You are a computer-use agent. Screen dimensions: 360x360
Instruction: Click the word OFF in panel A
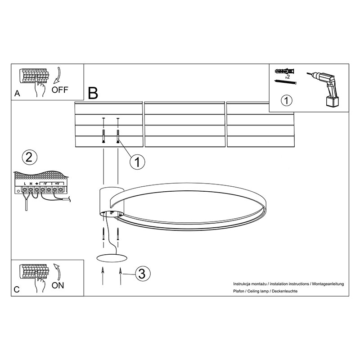(x=60, y=90)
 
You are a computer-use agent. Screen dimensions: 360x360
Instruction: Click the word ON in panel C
(x=58, y=285)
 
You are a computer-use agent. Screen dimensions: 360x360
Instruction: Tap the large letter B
(x=93, y=93)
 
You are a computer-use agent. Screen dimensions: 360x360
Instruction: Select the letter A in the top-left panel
(x=17, y=94)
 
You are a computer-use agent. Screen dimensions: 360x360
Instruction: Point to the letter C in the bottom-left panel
(x=17, y=289)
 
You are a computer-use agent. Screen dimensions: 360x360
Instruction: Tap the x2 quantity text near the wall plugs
(x=287, y=77)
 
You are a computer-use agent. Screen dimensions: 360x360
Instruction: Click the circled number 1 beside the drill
(x=286, y=100)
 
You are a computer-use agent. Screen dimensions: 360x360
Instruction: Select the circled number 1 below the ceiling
(x=137, y=162)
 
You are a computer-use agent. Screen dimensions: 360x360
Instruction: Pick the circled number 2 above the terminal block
(x=29, y=157)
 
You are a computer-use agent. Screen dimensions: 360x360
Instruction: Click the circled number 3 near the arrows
(x=142, y=274)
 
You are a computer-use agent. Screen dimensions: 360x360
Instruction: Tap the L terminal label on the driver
(x=25, y=184)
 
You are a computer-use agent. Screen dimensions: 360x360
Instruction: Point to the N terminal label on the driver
(x=31, y=184)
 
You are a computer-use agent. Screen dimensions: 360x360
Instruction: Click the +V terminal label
(x=57, y=184)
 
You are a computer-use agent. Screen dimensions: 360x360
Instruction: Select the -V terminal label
(x=45, y=184)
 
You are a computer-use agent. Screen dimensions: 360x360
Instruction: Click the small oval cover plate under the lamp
(x=112, y=258)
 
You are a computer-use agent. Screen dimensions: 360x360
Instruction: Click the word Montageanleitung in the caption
(x=328, y=284)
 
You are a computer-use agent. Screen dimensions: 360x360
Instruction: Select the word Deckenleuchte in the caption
(x=284, y=291)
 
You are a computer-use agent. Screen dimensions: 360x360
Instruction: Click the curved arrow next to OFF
(x=58, y=75)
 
